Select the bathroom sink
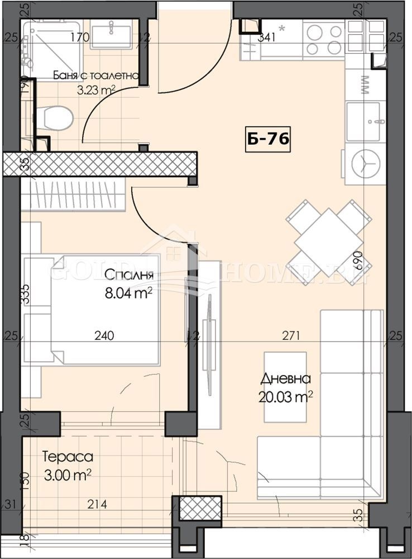click(111, 34)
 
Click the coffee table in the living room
click(285, 387)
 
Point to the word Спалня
click(128, 274)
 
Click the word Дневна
click(285, 379)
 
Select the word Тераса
click(68, 457)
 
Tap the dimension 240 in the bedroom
click(104, 336)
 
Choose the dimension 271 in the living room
click(291, 336)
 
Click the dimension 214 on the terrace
click(97, 505)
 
